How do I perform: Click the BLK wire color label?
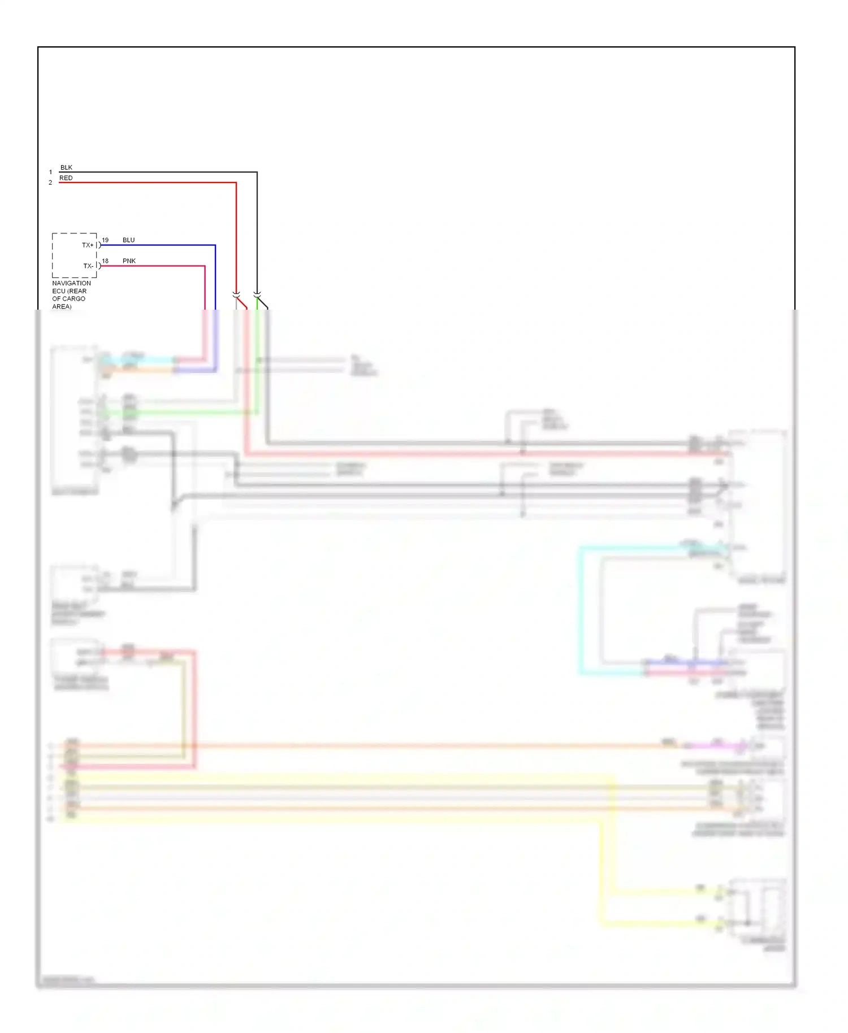66,168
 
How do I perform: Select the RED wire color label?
66,178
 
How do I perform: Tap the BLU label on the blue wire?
128,240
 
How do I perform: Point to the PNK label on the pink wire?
129,261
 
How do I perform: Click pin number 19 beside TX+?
105,240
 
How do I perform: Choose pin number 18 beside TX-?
105,261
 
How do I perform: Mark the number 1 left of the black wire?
50,172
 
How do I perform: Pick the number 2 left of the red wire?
50,183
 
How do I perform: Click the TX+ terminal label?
88,245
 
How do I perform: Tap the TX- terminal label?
88,266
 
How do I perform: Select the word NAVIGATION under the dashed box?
71,283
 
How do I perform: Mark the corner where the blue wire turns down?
215,245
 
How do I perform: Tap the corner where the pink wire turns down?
205,266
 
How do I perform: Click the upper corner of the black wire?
257,172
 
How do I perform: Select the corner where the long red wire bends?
236,183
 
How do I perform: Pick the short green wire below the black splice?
257,303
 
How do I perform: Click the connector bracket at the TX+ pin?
98,245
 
